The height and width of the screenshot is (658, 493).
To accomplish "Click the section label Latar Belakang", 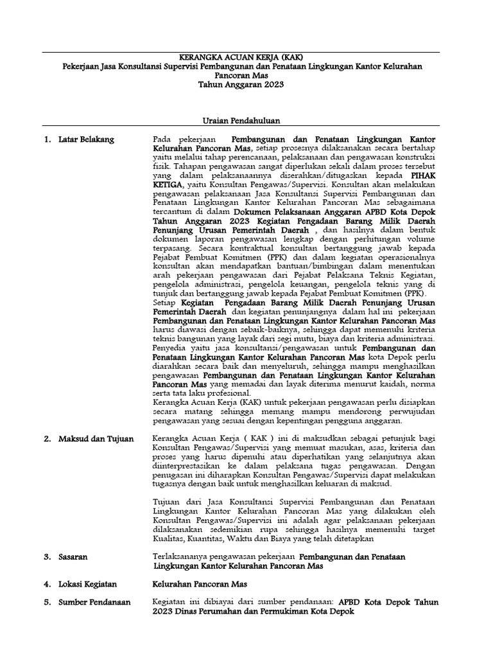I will tap(85, 138).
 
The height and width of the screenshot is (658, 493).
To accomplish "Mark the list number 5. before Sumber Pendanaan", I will tap(47, 603).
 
